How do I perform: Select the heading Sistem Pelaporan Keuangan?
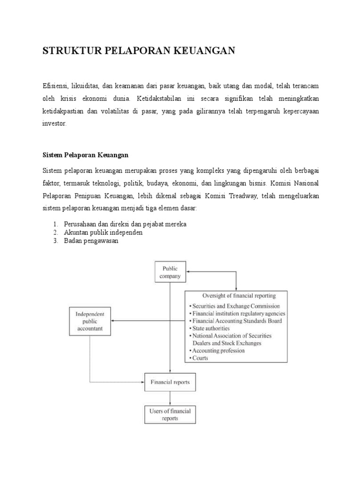[x=86, y=154]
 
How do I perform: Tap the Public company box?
[x=171, y=273]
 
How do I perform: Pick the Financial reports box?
[x=170, y=382]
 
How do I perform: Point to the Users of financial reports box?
[x=170, y=414]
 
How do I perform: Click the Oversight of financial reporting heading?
[x=239, y=296]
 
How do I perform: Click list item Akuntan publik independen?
[x=103, y=233]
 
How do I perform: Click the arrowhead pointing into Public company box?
[x=189, y=271]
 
